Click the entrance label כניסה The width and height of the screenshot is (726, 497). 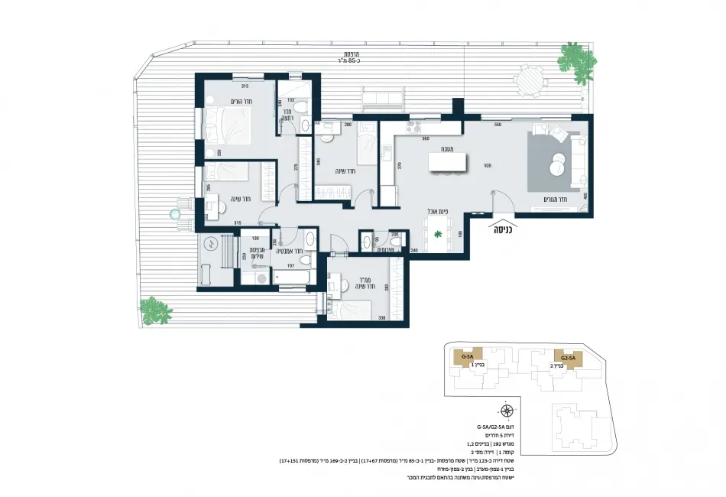point(504,229)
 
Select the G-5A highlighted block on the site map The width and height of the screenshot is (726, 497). point(464,356)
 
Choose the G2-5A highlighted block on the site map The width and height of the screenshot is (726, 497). point(568,357)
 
